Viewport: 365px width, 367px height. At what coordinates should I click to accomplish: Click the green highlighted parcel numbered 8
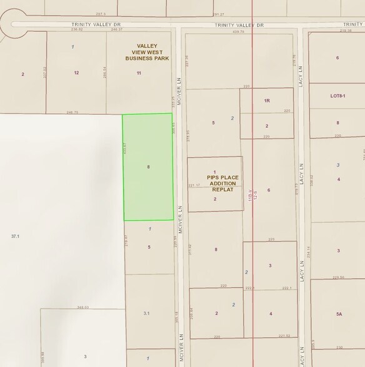pos(148,167)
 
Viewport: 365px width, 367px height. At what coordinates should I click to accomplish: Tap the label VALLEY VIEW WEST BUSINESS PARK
pos(147,52)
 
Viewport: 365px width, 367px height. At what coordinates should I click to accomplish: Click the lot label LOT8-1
pos(337,95)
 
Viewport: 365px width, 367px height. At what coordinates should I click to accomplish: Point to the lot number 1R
pos(266,100)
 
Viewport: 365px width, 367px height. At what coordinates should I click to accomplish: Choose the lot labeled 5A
pos(338,314)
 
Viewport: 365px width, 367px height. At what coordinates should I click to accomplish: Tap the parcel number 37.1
pos(16,237)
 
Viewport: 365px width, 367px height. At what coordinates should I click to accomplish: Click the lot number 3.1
pos(146,313)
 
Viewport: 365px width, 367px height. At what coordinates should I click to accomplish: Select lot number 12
pos(76,73)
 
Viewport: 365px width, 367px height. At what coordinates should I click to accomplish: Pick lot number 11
pos(139,73)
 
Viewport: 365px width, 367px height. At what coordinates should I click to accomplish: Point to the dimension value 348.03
pos(82,307)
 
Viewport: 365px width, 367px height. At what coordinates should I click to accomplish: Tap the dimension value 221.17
pos(194,185)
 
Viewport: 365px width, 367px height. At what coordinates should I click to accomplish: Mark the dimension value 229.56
pos(338,277)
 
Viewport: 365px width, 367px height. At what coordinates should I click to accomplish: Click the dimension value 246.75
pos(72,112)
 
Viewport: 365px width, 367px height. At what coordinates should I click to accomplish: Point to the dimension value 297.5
pos(101,13)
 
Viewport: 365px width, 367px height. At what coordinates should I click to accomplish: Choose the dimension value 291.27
pos(218,14)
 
